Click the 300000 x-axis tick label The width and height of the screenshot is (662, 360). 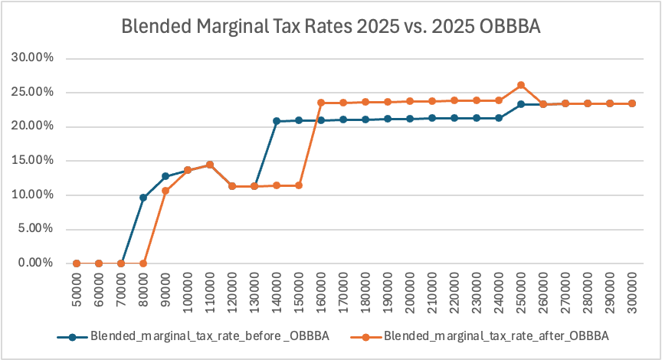tap(633, 293)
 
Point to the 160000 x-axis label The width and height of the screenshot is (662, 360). tap(322, 293)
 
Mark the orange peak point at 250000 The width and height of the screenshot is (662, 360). tap(521, 85)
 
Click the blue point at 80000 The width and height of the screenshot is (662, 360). tap(143, 198)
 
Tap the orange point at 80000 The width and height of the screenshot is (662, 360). tap(143, 263)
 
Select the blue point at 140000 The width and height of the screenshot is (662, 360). tap(277, 121)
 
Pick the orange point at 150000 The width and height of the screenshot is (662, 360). tap(299, 185)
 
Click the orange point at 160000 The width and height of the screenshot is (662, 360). tap(321, 103)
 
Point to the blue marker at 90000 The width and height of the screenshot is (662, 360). tap(165, 176)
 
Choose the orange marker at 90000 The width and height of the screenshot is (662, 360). tap(165, 191)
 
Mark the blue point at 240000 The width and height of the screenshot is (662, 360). tap(499, 118)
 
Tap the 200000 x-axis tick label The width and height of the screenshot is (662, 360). tap(411, 293)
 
